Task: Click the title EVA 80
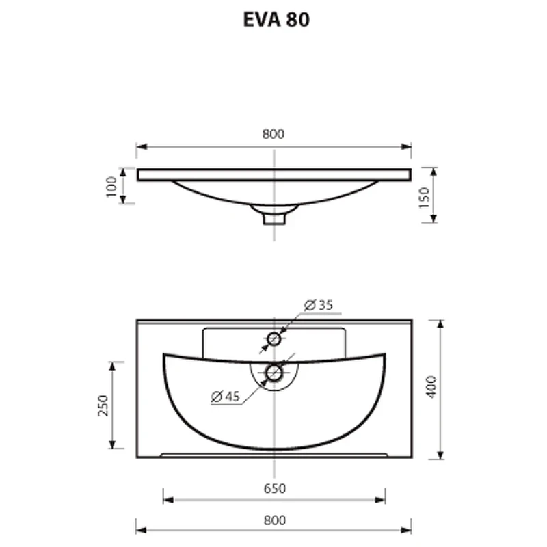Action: pos(276,20)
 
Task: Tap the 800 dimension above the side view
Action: pos(273,134)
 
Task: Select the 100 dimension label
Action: pos(111,187)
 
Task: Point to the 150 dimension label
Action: pos(424,198)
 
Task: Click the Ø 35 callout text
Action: pos(318,305)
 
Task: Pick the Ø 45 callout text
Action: pos(226,397)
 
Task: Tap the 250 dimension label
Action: pos(103,405)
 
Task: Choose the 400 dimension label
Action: pos(431,386)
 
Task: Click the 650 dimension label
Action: pos(275,488)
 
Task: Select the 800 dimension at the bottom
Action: pos(275,520)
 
